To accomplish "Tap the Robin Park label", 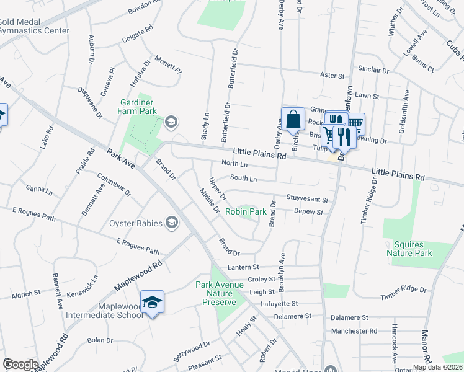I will [x=246, y=211].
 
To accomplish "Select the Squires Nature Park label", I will [x=409, y=248].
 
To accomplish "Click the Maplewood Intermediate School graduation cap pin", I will [x=152, y=302].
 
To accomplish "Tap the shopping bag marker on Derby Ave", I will [x=293, y=119].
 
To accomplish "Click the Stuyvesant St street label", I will [x=307, y=200].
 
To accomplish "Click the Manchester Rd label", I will [x=354, y=331].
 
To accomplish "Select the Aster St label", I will [x=332, y=75].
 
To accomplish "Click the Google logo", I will [x=20, y=364].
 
